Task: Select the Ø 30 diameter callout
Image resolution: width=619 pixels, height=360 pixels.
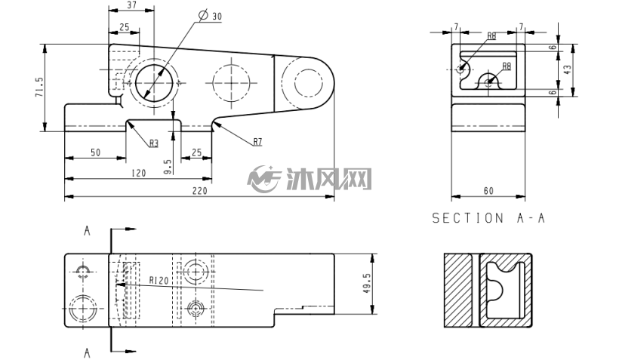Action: pos(211,16)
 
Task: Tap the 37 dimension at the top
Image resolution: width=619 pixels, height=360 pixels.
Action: pos(132,5)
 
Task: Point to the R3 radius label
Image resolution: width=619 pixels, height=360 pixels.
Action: pos(153,143)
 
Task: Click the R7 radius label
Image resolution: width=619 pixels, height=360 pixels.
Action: pos(257,142)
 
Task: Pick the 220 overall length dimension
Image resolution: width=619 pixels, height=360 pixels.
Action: pos(200,191)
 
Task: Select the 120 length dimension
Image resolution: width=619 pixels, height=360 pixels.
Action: pos(138,173)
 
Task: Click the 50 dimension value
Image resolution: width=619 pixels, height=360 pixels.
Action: pos(96,152)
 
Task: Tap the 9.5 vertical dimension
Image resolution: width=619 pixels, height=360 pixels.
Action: pos(168,167)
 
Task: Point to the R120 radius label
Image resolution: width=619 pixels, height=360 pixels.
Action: pos(159,280)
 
